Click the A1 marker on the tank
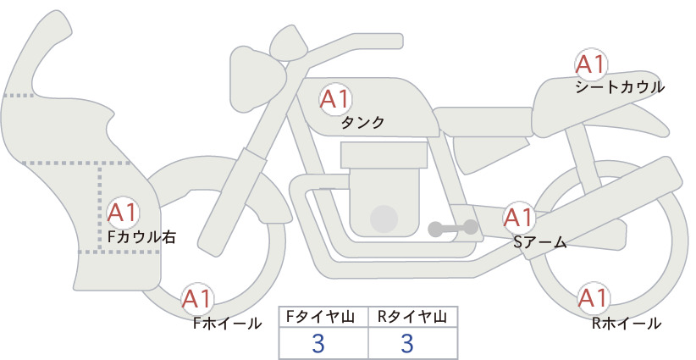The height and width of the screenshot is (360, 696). click(x=335, y=99)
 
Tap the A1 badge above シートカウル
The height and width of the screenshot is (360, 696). click(x=591, y=64)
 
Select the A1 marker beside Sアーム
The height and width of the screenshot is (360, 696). click(x=518, y=218)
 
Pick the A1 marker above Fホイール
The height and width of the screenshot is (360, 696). click(x=196, y=299)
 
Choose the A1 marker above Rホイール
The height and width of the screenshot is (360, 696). click(x=593, y=298)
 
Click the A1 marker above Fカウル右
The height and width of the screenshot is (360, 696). click(x=122, y=213)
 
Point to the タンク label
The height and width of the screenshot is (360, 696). click(x=362, y=123)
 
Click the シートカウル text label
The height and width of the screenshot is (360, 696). click(x=620, y=87)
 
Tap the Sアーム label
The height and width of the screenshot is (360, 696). click(x=539, y=242)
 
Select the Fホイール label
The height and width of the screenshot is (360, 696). click(x=227, y=324)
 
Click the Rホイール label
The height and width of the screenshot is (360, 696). click(x=627, y=324)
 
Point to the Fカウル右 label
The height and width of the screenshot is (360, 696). click(x=142, y=237)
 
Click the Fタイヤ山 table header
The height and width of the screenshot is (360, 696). click(x=320, y=317)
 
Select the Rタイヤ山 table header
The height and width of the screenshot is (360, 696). click(x=412, y=317)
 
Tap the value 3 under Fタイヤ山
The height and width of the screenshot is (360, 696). click(x=318, y=343)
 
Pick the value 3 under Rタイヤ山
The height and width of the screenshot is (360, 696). click(x=407, y=343)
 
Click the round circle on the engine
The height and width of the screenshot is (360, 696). click(x=384, y=219)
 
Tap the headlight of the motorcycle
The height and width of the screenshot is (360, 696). click(x=253, y=79)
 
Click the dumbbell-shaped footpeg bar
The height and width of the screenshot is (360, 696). click(x=453, y=228)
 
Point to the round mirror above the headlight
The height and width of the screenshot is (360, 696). click(x=289, y=43)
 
